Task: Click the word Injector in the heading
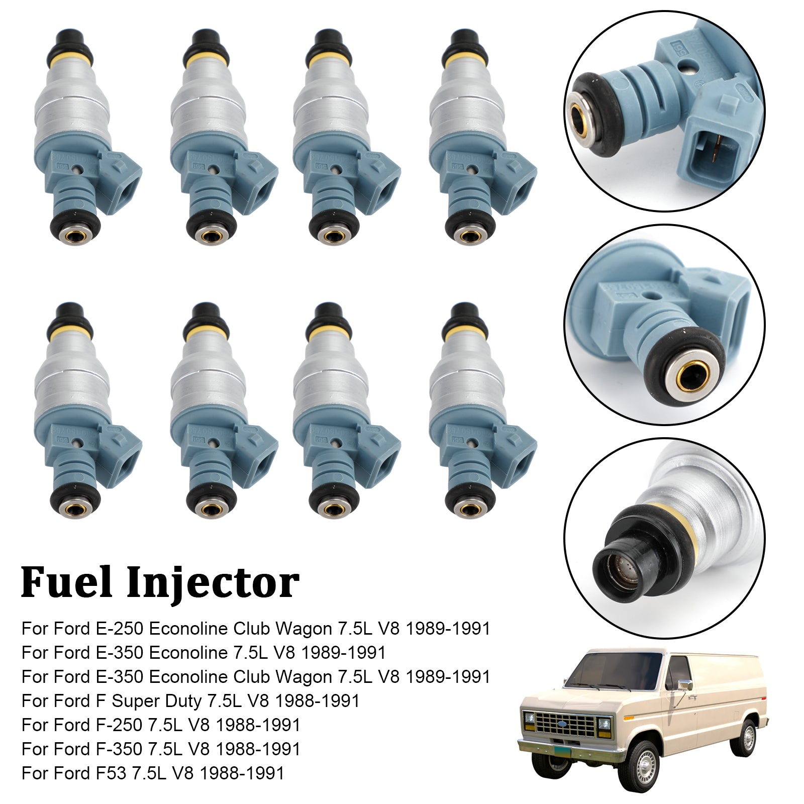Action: click(x=213, y=583)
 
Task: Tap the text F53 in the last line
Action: click(x=111, y=773)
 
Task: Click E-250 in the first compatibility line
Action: click(x=120, y=629)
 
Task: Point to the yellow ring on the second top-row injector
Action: click(x=206, y=60)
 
